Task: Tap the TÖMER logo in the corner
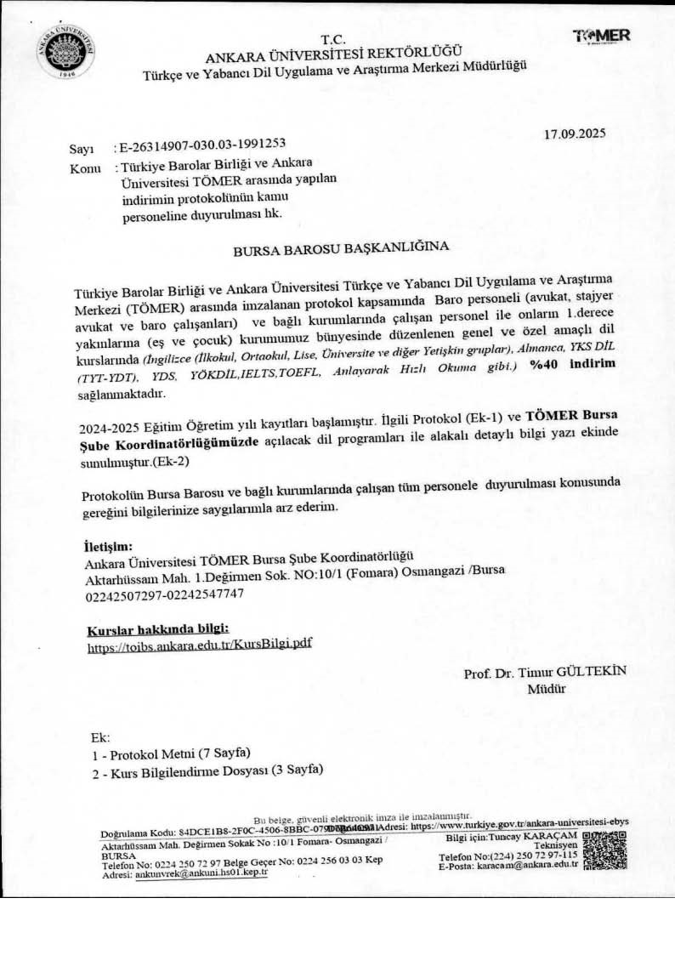(602, 36)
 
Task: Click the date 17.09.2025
(575, 134)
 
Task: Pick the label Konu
(85, 169)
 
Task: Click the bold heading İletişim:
(109, 545)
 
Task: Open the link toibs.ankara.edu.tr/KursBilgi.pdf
(200, 645)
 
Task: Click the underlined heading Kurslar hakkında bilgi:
(158, 628)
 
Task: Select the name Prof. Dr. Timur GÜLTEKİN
(545, 672)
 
